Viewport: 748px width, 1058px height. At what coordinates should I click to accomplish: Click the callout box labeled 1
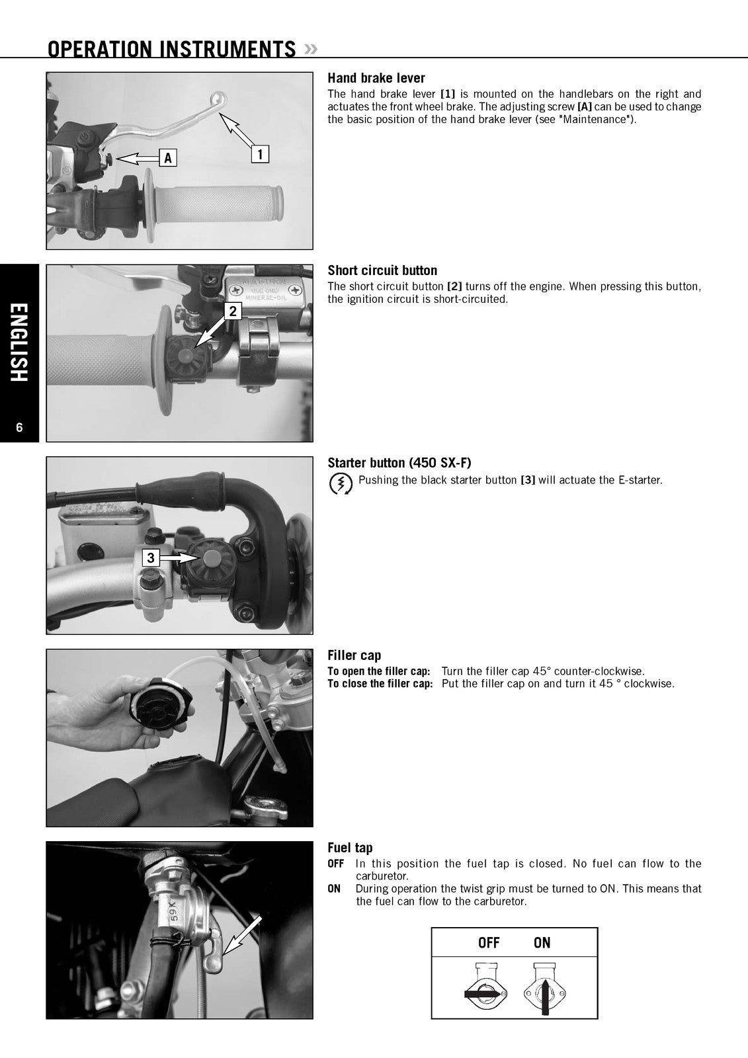tap(260, 154)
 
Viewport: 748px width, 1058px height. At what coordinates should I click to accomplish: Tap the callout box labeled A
tap(168, 158)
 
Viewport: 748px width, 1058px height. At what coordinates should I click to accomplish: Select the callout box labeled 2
tap(233, 311)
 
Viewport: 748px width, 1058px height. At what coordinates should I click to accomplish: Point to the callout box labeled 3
tap(151, 558)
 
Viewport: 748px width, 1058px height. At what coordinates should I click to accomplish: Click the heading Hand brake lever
tap(376, 78)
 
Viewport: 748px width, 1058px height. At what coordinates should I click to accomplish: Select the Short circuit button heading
tap(382, 270)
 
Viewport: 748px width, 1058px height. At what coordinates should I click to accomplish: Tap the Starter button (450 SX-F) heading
tap(399, 463)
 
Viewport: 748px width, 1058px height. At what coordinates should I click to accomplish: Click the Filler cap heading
tap(354, 655)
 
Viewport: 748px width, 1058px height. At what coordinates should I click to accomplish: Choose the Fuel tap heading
tap(350, 848)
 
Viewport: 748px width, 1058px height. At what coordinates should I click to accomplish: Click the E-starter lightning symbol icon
tap(340, 484)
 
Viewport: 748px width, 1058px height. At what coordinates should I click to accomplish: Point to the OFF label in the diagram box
tap(489, 943)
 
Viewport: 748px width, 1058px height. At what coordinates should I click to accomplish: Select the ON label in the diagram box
tap(542, 943)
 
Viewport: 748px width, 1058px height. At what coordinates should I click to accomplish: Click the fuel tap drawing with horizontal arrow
tap(485, 989)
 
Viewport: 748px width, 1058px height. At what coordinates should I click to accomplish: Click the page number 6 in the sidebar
tap(19, 427)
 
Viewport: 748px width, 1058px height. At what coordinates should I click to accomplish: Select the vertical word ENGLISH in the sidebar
tap(19, 343)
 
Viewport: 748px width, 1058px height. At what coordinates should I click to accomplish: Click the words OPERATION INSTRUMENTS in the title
tap(171, 49)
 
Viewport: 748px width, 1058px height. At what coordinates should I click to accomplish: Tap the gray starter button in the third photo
tap(210, 558)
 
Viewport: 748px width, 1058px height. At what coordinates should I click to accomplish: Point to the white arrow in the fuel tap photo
tap(241, 936)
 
